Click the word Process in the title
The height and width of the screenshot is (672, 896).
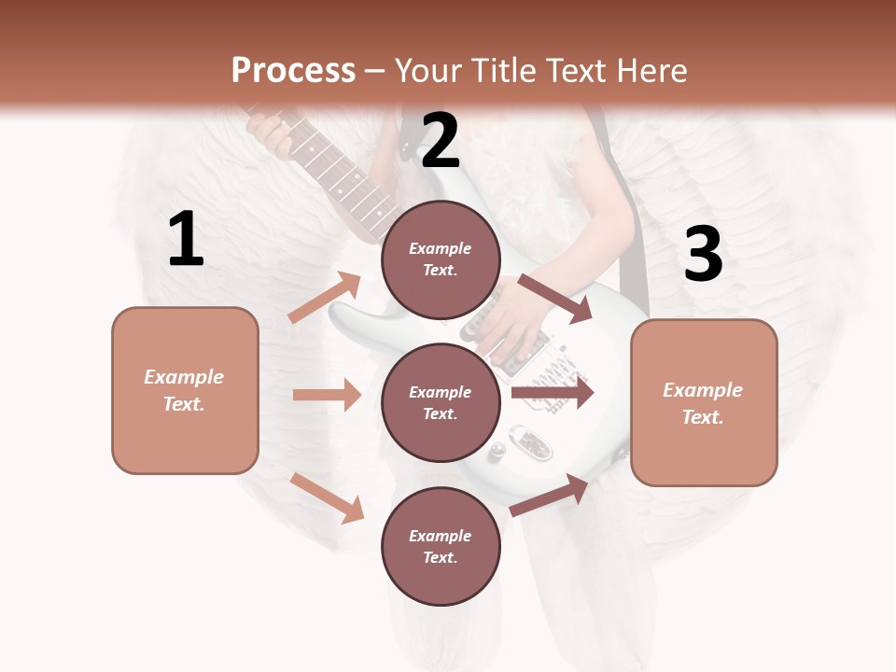click(x=293, y=70)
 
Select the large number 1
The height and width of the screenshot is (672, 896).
click(x=186, y=240)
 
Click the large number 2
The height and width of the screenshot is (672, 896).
click(x=441, y=140)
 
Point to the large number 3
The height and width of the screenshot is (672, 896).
click(x=703, y=254)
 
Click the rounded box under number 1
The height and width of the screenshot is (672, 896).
click(x=185, y=390)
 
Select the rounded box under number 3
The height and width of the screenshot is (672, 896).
click(x=704, y=402)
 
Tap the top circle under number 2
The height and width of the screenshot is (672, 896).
click(x=441, y=259)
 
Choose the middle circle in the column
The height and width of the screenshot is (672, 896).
click(x=441, y=402)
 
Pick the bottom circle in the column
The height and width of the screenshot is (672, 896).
click(x=441, y=546)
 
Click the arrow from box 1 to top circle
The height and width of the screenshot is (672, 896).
click(x=325, y=297)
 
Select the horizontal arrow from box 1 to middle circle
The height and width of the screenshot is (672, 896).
click(x=327, y=395)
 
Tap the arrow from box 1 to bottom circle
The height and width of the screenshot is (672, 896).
click(x=327, y=497)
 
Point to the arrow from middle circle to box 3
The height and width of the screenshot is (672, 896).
click(x=553, y=392)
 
